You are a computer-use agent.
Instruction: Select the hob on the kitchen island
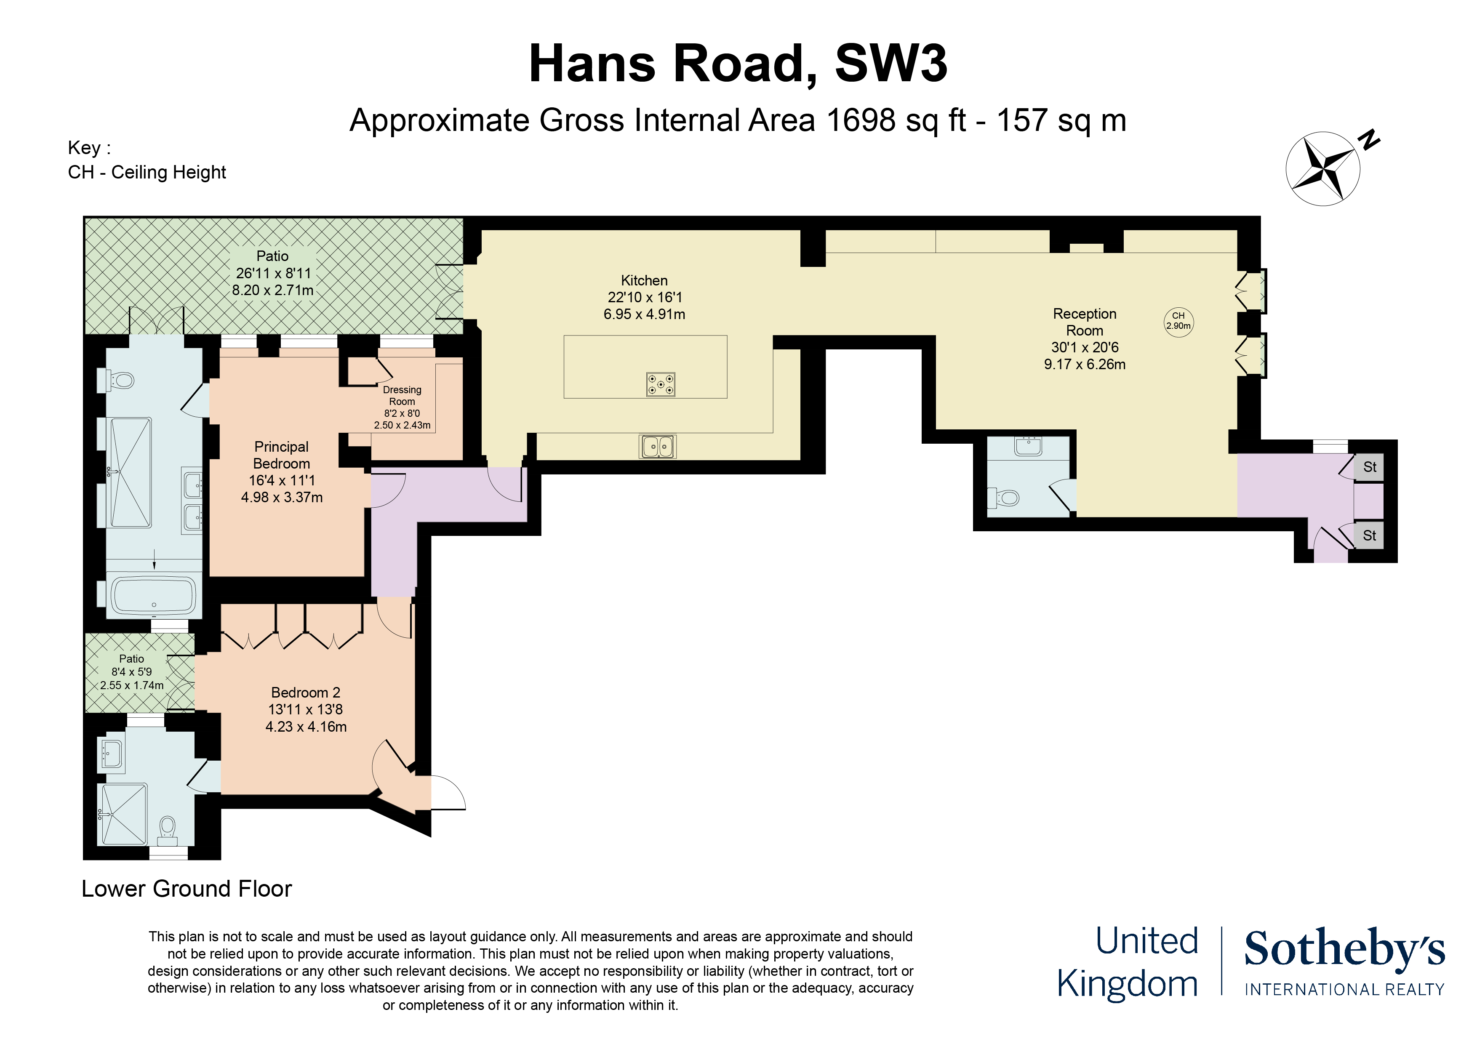[661, 384]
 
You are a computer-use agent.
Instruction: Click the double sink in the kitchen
[657, 446]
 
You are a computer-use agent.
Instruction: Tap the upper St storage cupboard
[1369, 467]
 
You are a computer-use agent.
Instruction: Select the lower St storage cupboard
[1369, 535]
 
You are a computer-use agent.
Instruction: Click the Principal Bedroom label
[281, 455]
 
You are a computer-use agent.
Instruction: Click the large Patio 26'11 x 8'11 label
[273, 273]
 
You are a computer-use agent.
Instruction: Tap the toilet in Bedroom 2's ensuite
[167, 827]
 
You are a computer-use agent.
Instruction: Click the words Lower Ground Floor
[187, 888]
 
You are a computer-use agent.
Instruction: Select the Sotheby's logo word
[1344, 949]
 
